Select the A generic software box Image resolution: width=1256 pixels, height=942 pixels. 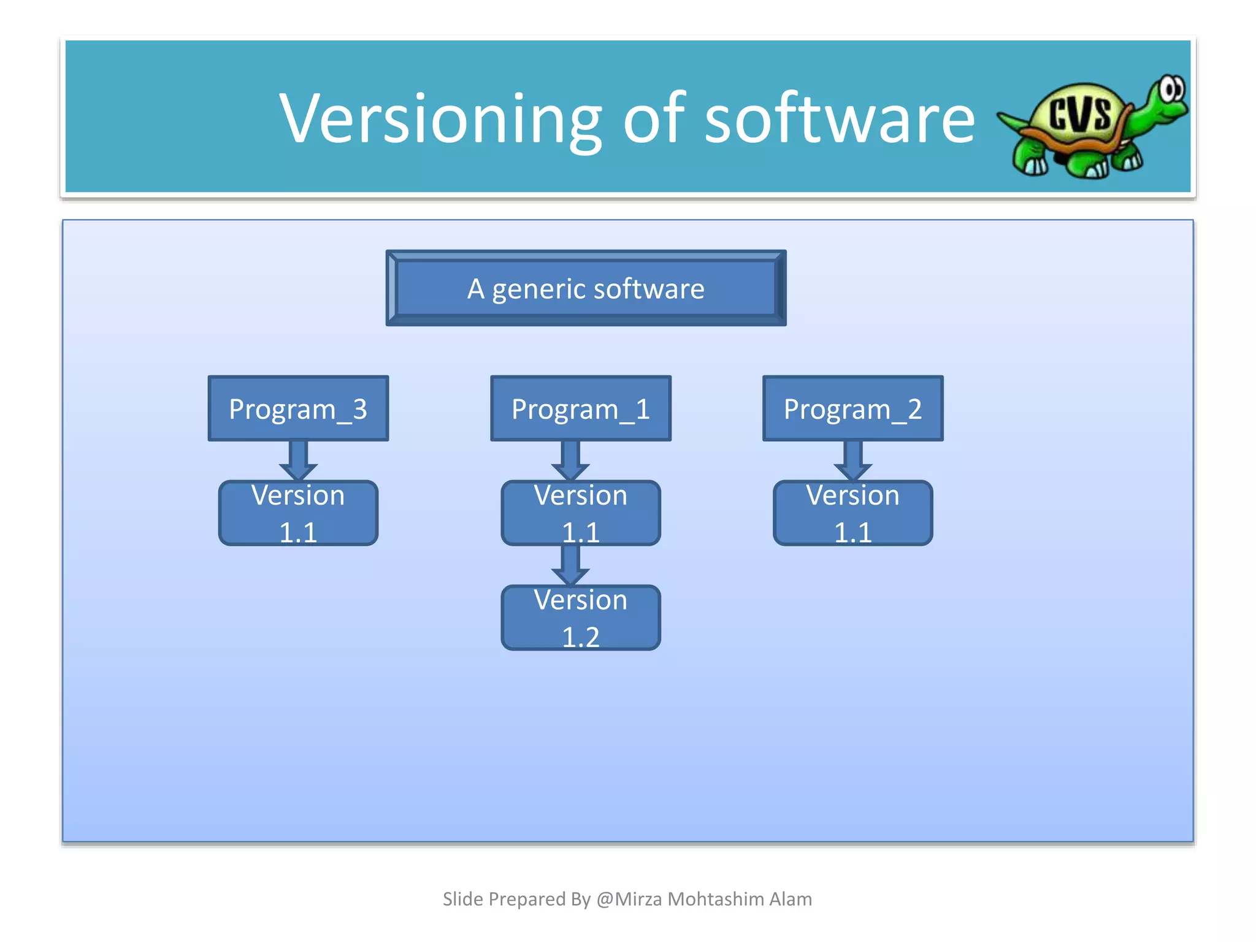tap(586, 288)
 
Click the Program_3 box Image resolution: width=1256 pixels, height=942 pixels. tap(298, 408)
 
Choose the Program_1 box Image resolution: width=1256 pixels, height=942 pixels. tap(580, 408)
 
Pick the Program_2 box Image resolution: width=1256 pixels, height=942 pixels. tap(852, 408)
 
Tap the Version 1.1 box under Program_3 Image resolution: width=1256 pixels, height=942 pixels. tap(298, 513)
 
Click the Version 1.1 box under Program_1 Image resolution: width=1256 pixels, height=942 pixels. tap(580, 513)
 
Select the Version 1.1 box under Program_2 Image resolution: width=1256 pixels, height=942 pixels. tap(852, 513)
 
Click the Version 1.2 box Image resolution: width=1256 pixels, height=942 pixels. tap(580, 618)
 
